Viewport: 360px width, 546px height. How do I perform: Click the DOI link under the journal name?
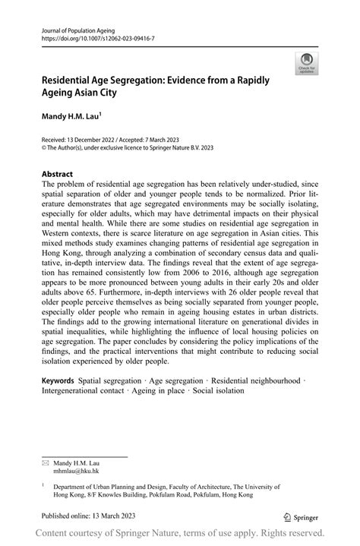click(98, 36)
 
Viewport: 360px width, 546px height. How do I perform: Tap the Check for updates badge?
click(307, 63)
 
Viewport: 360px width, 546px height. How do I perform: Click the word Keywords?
click(59, 378)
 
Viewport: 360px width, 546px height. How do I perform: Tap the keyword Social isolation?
click(218, 390)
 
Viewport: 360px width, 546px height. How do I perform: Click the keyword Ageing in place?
click(160, 390)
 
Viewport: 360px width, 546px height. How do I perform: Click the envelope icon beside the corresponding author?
click(45, 462)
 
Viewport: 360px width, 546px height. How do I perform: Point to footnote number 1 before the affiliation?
click(43, 483)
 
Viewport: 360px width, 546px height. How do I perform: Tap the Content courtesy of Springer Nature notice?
click(180, 534)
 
